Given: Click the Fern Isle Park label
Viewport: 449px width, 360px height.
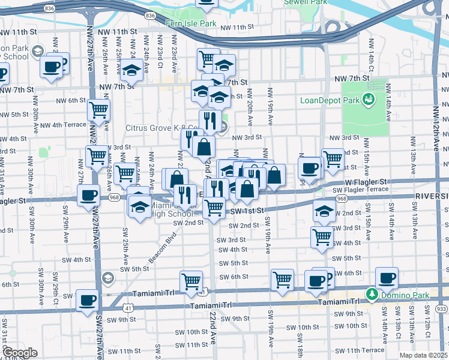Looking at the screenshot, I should tap(190, 23).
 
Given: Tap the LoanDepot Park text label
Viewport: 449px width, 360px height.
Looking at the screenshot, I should tap(330, 100).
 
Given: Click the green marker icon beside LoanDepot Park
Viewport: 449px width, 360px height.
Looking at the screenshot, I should tap(369, 100).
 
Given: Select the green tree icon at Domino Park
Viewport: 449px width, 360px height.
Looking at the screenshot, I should tap(372, 295).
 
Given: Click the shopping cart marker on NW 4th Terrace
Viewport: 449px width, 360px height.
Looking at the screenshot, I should tap(98, 110).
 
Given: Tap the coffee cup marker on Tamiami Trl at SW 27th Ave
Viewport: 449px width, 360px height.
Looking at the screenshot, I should tap(87, 299).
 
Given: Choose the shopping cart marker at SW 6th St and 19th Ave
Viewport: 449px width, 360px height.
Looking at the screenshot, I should tap(282, 280).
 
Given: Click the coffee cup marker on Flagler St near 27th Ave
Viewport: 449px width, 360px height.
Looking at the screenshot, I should tap(89, 195).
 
